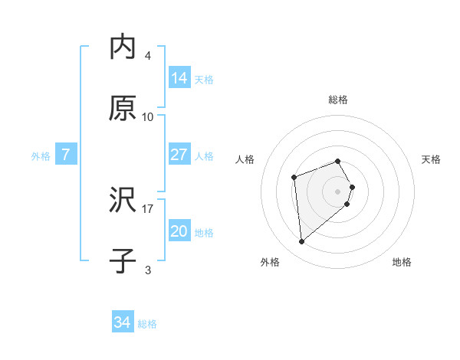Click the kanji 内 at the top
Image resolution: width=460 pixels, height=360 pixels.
[123, 47]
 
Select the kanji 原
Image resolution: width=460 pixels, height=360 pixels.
[123, 108]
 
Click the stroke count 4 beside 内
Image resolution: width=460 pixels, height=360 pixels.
[148, 56]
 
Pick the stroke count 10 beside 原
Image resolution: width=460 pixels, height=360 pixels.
[148, 117]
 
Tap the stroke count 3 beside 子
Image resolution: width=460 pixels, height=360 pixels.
[148, 270]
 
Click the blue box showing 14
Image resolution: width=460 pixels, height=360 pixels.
[179, 77]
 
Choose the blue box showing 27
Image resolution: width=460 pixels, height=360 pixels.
[179, 155]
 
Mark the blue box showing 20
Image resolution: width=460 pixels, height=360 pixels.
[179, 231]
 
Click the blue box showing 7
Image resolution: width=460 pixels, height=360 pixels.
[66, 155]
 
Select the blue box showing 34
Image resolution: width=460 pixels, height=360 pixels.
[123, 323]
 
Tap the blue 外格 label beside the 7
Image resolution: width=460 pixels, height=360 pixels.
[41, 156]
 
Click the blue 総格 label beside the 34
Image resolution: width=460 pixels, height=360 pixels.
[147, 324]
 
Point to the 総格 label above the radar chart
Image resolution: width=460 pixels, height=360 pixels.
[338, 100]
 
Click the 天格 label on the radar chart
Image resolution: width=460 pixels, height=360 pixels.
[432, 159]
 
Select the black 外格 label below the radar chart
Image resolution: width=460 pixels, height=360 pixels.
[270, 262]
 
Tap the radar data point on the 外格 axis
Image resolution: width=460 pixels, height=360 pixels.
[302, 242]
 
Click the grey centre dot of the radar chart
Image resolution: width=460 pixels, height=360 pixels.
[338, 190]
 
